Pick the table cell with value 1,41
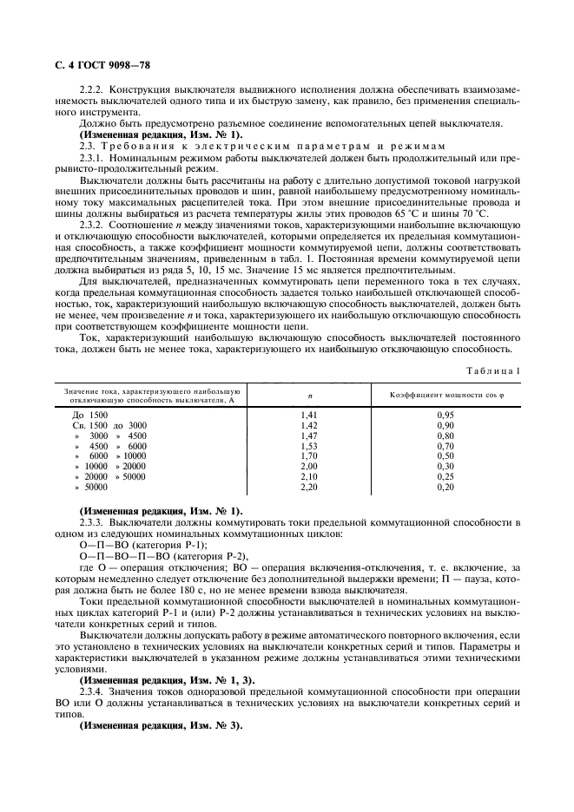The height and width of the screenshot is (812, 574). click(309, 416)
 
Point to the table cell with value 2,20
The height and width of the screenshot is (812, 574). click(309, 488)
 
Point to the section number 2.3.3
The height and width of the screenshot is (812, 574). click(92, 523)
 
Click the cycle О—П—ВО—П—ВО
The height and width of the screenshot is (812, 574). click(122, 555)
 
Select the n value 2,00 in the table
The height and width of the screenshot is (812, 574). click(309, 467)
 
